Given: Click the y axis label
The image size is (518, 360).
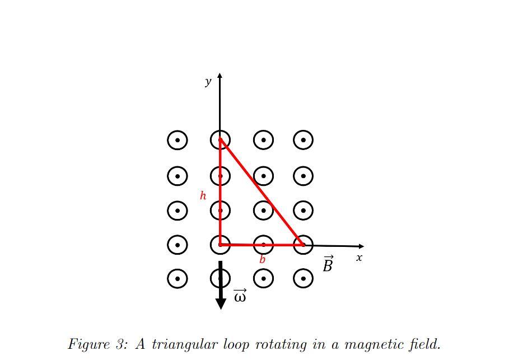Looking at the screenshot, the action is coord(208,82).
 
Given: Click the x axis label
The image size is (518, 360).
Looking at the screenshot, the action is coord(359,258).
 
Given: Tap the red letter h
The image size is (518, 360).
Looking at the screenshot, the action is coord(203,195).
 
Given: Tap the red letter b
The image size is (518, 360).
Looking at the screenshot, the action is coord(262,259).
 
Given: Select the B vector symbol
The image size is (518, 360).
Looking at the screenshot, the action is coord(328,264).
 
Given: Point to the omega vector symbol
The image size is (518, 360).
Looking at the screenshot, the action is coord(240,296).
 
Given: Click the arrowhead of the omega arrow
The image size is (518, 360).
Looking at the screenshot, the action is coord(221,303).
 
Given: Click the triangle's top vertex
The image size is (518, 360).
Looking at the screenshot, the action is coord(221,139).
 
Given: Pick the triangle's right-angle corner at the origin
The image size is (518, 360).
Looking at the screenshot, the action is coord(221,245).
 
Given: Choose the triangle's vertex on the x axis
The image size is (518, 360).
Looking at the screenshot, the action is coord(303,245).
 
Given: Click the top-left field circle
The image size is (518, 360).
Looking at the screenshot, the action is coord(178,140).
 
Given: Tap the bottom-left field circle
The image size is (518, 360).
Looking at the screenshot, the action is coord(178,278).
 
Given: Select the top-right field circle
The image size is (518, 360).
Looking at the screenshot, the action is coord(303,140).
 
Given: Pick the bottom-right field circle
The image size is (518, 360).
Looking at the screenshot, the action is coord(303,278).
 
